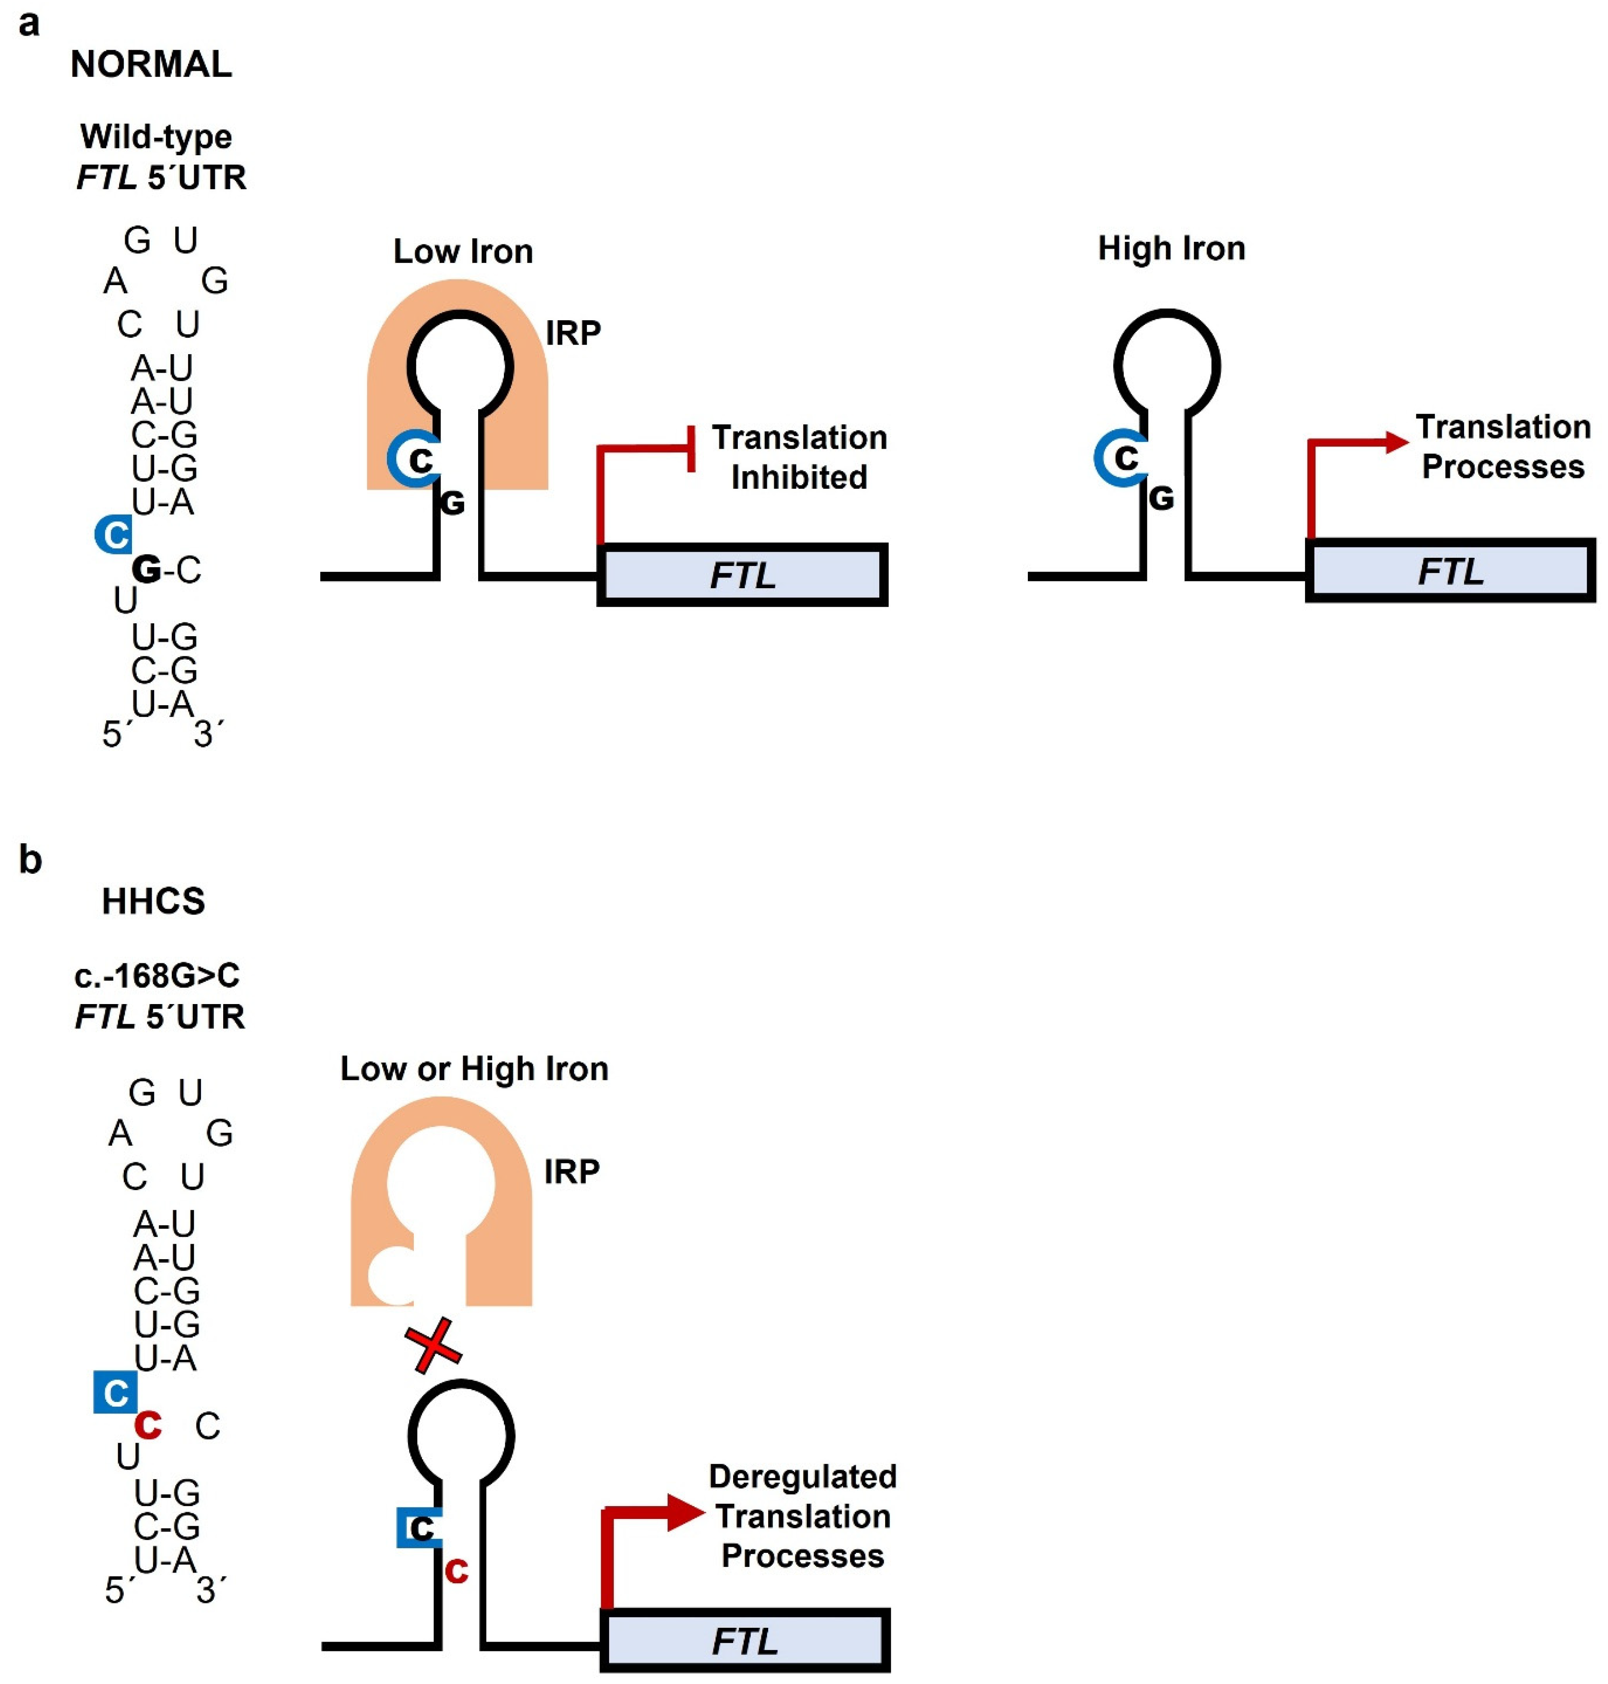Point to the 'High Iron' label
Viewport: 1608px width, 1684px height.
(1171, 249)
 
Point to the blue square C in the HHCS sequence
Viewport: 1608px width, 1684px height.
(115, 1393)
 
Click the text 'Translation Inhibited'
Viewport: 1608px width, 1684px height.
(799, 457)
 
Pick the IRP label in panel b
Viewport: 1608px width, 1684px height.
(572, 1171)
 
